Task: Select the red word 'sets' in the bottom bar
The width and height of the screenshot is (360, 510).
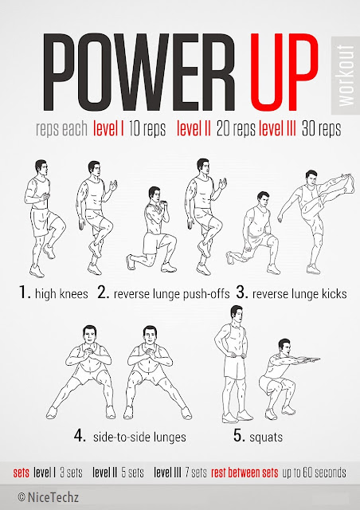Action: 21,473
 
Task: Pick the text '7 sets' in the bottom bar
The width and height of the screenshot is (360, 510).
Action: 191,473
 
